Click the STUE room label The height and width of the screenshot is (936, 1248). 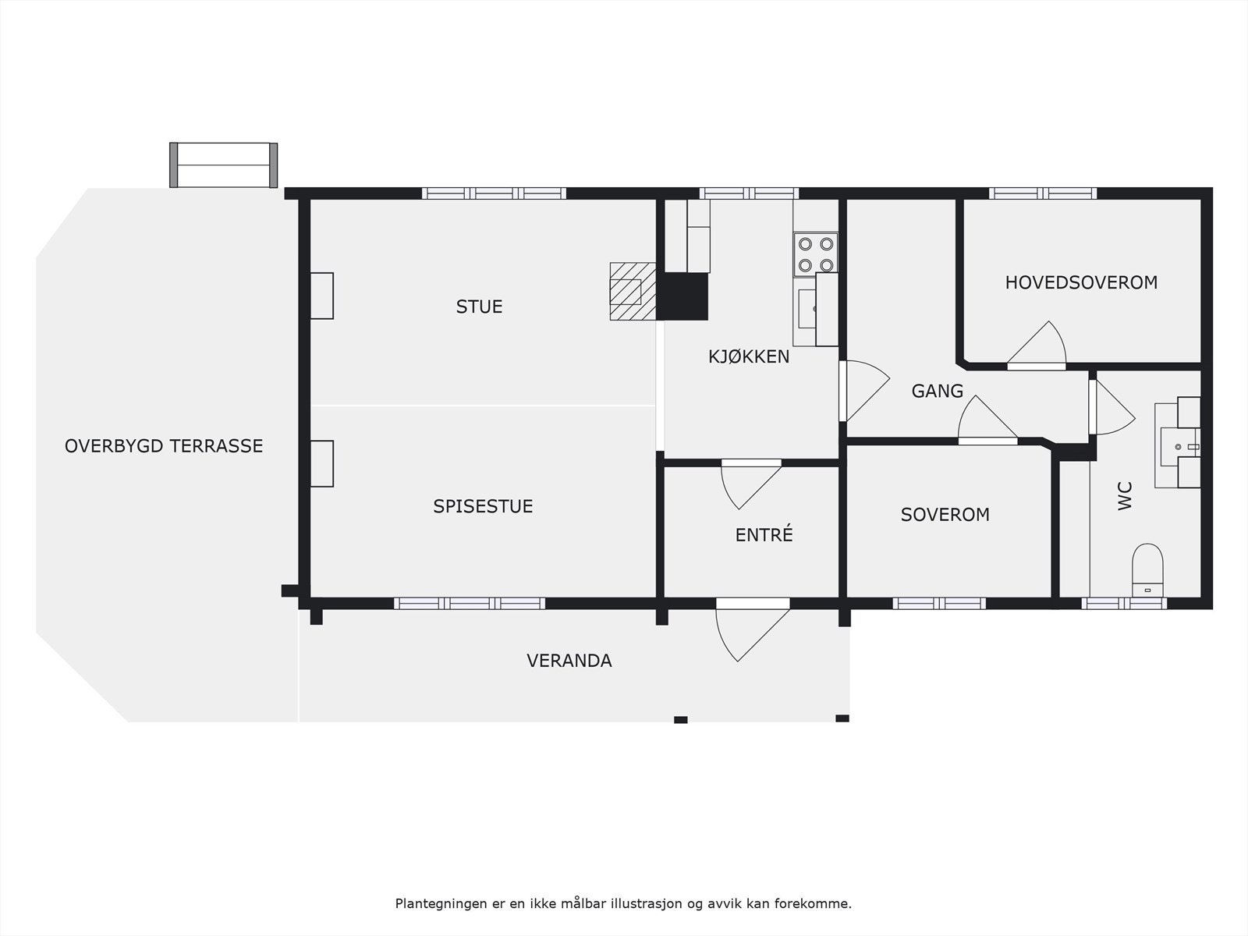479,307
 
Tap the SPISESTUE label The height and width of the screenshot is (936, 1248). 483,506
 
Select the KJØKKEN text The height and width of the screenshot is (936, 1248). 749,357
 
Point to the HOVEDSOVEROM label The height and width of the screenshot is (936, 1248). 1081,282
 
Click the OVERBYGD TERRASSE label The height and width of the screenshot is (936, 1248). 164,446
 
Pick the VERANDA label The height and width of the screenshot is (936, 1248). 569,661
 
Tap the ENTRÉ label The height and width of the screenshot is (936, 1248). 764,535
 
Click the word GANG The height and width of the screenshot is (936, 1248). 938,391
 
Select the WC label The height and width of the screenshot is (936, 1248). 1126,496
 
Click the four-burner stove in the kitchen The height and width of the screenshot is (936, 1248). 816,254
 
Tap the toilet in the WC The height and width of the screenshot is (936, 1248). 1147,570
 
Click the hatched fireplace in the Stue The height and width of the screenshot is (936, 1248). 633,291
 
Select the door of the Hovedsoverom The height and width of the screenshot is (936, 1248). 1037,346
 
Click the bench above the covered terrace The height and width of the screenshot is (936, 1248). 223,165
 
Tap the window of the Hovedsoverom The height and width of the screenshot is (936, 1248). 1043,193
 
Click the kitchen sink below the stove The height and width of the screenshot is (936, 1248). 807,309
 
